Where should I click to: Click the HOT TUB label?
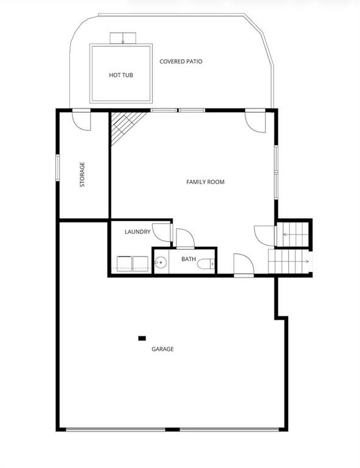point(121,75)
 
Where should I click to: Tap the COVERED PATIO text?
point(181,62)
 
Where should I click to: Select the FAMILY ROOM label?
point(205,182)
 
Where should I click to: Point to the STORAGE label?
point(82,174)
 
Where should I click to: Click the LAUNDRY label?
point(138,232)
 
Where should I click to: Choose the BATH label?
point(188,259)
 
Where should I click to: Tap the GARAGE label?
point(163,349)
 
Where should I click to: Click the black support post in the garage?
point(142,338)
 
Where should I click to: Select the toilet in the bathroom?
point(206,263)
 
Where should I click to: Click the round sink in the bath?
point(161,263)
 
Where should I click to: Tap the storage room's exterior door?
point(82,120)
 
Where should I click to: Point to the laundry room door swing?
point(162,232)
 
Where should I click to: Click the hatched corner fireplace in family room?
point(125,127)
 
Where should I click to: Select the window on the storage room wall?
point(58,168)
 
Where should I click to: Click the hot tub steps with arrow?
point(123,38)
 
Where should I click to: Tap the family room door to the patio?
point(255,121)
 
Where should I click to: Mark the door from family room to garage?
point(244,265)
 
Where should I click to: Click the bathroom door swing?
point(185,238)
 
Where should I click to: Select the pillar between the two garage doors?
point(172,430)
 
